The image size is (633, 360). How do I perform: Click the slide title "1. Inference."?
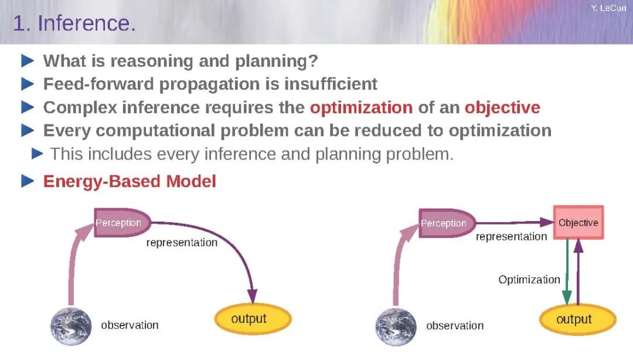(x=74, y=23)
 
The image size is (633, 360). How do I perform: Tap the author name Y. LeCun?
(x=608, y=8)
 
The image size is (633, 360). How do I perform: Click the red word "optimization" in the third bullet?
(x=361, y=108)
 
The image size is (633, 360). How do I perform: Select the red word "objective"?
(x=502, y=108)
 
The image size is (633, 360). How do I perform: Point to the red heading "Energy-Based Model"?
(x=130, y=181)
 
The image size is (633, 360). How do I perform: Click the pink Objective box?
(x=578, y=222)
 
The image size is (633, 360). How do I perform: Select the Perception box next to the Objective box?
(x=447, y=223)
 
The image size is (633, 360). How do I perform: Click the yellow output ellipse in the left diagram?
(x=253, y=319)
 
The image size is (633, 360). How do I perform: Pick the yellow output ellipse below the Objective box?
(x=578, y=320)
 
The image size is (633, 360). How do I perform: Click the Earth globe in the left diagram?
(x=71, y=327)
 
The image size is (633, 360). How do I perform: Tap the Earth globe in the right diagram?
(x=396, y=327)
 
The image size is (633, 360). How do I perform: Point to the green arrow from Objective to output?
(x=567, y=271)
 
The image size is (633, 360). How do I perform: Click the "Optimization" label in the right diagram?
(x=529, y=280)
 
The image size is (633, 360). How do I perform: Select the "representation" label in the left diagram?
(x=182, y=242)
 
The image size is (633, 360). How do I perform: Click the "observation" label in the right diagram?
(x=455, y=325)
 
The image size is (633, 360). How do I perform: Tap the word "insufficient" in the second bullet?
(x=331, y=84)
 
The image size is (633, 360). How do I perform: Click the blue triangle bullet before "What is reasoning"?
(x=28, y=61)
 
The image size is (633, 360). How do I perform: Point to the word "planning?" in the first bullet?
(x=277, y=62)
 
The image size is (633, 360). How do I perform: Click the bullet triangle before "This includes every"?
(x=37, y=154)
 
